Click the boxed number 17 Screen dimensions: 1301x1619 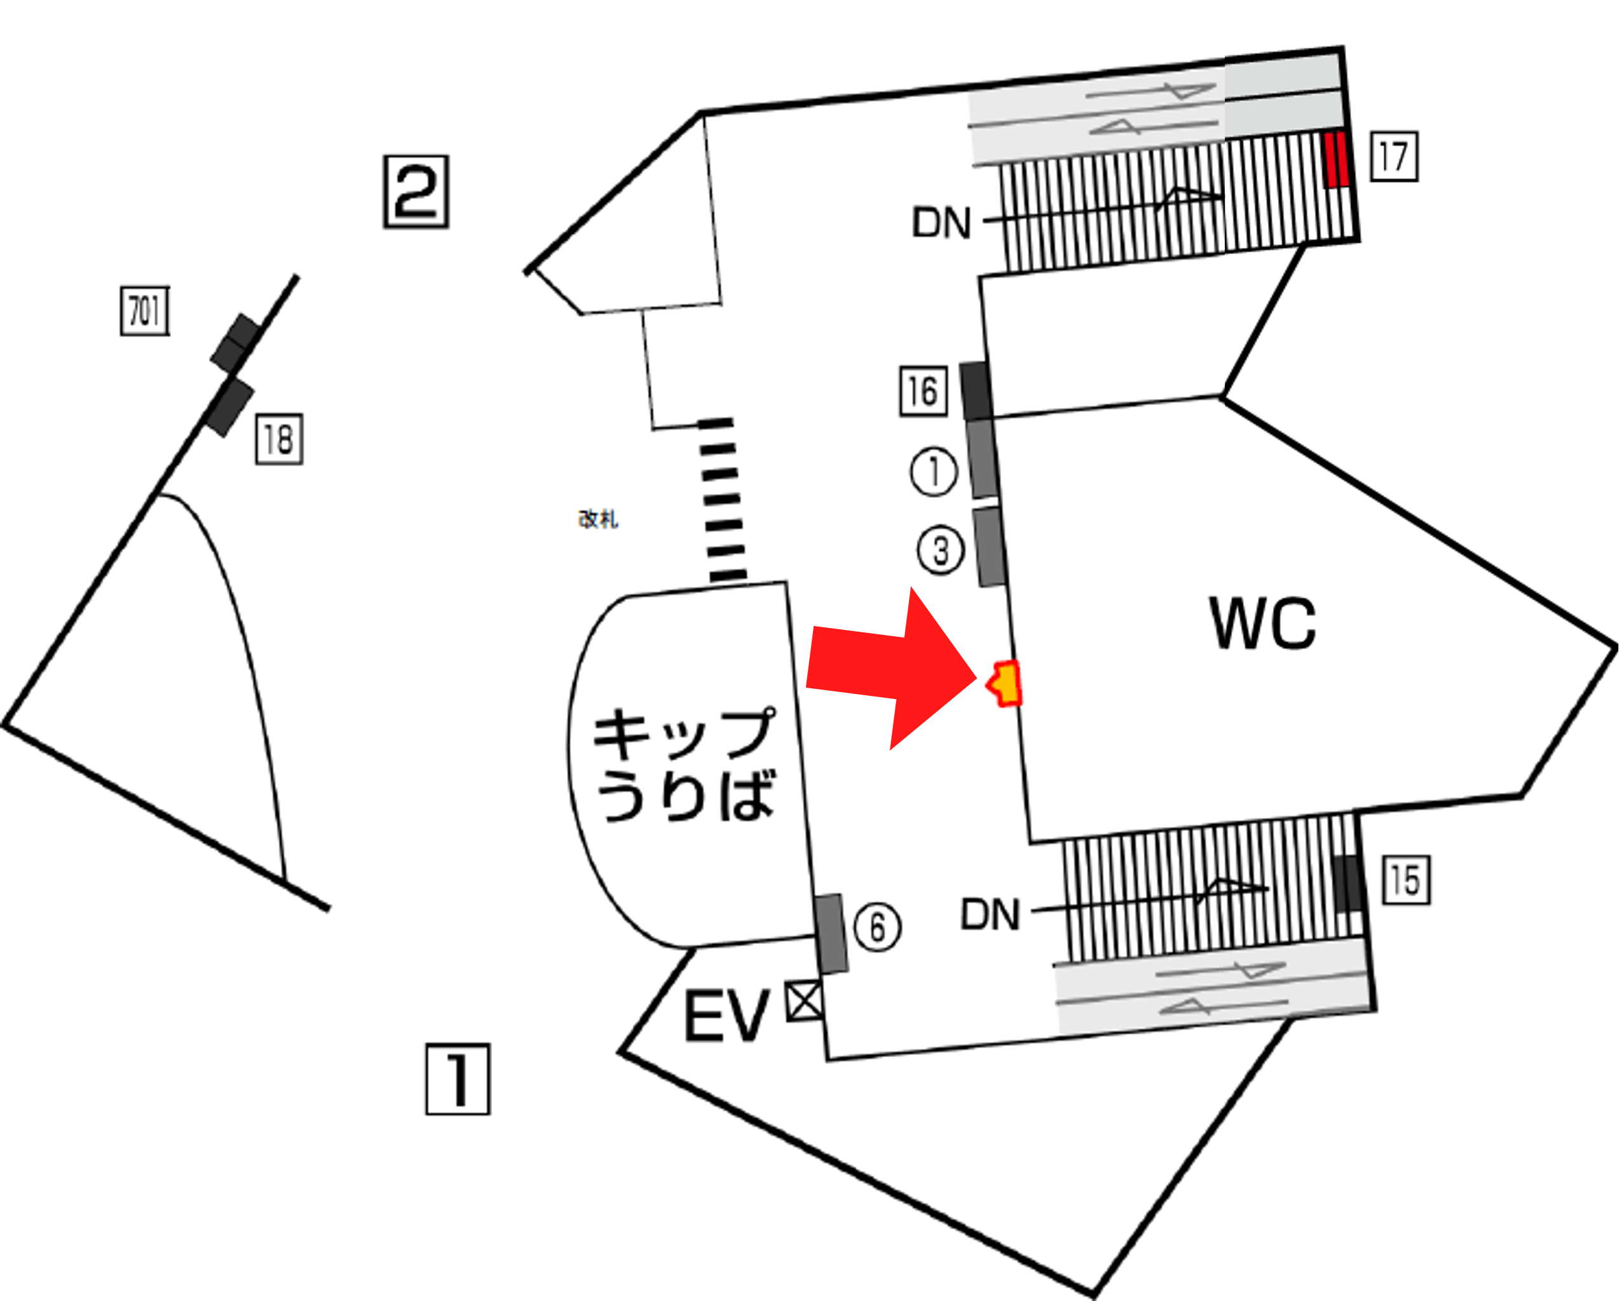[x=1394, y=156]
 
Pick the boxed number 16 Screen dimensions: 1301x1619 [x=923, y=391]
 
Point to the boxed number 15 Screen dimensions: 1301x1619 [x=1406, y=880]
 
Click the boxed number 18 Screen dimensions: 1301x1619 [x=279, y=439]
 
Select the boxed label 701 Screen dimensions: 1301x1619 [x=145, y=311]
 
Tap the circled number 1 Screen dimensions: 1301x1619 [x=934, y=472]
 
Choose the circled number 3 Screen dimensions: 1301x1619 [x=940, y=551]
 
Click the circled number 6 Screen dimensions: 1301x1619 [x=877, y=927]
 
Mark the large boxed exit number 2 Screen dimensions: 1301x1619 [x=416, y=192]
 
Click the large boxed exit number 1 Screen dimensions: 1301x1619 [x=458, y=1079]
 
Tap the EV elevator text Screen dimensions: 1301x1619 [x=726, y=1016]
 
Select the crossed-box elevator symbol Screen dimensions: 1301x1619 [x=804, y=1002]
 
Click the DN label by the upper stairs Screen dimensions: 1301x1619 [x=941, y=223]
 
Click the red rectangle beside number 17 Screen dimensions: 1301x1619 [x=1335, y=159]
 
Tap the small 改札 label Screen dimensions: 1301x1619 [x=598, y=519]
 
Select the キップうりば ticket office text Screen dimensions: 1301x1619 [x=684, y=764]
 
